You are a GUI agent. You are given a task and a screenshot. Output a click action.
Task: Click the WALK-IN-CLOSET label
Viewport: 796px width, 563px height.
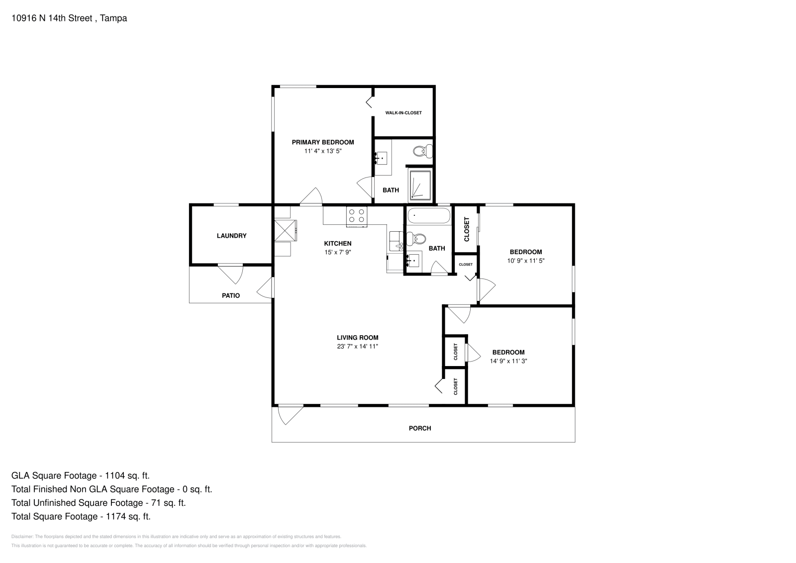pos(403,113)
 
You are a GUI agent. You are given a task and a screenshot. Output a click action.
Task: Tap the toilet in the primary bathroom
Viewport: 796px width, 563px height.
pos(422,152)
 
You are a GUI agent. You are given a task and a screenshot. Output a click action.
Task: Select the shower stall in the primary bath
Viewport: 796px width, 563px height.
pos(420,185)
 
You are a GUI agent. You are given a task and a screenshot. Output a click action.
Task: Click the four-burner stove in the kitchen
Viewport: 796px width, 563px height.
pos(357,216)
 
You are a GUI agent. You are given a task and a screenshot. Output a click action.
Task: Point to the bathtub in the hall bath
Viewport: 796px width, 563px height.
pos(428,215)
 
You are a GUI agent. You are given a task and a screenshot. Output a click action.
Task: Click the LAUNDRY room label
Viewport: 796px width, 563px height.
pos(232,236)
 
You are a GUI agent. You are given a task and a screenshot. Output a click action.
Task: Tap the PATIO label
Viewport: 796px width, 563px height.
pos(231,295)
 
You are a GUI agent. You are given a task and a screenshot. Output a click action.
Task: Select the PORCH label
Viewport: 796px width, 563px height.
pos(420,428)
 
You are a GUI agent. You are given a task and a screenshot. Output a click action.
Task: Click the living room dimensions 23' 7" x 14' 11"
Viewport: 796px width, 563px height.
pos(358,346)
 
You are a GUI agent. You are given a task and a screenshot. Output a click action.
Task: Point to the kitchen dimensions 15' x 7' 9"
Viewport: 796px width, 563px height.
pos(338,252)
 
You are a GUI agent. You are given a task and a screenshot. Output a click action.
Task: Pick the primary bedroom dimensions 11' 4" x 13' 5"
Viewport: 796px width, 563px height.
pos(323,151)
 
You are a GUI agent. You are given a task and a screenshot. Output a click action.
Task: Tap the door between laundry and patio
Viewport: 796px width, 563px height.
pos(230,274)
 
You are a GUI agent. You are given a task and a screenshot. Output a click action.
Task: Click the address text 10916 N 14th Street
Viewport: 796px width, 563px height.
pos(52,18)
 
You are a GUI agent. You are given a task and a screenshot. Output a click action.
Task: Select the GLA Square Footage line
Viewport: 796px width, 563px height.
pos(80,475)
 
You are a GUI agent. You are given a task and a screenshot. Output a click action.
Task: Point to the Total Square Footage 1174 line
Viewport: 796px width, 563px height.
pos(81,516)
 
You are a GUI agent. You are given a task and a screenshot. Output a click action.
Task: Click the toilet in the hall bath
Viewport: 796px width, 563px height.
pos(416,239)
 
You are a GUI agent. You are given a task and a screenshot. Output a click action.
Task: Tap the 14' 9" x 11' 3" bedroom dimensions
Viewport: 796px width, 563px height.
pos(508,361)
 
